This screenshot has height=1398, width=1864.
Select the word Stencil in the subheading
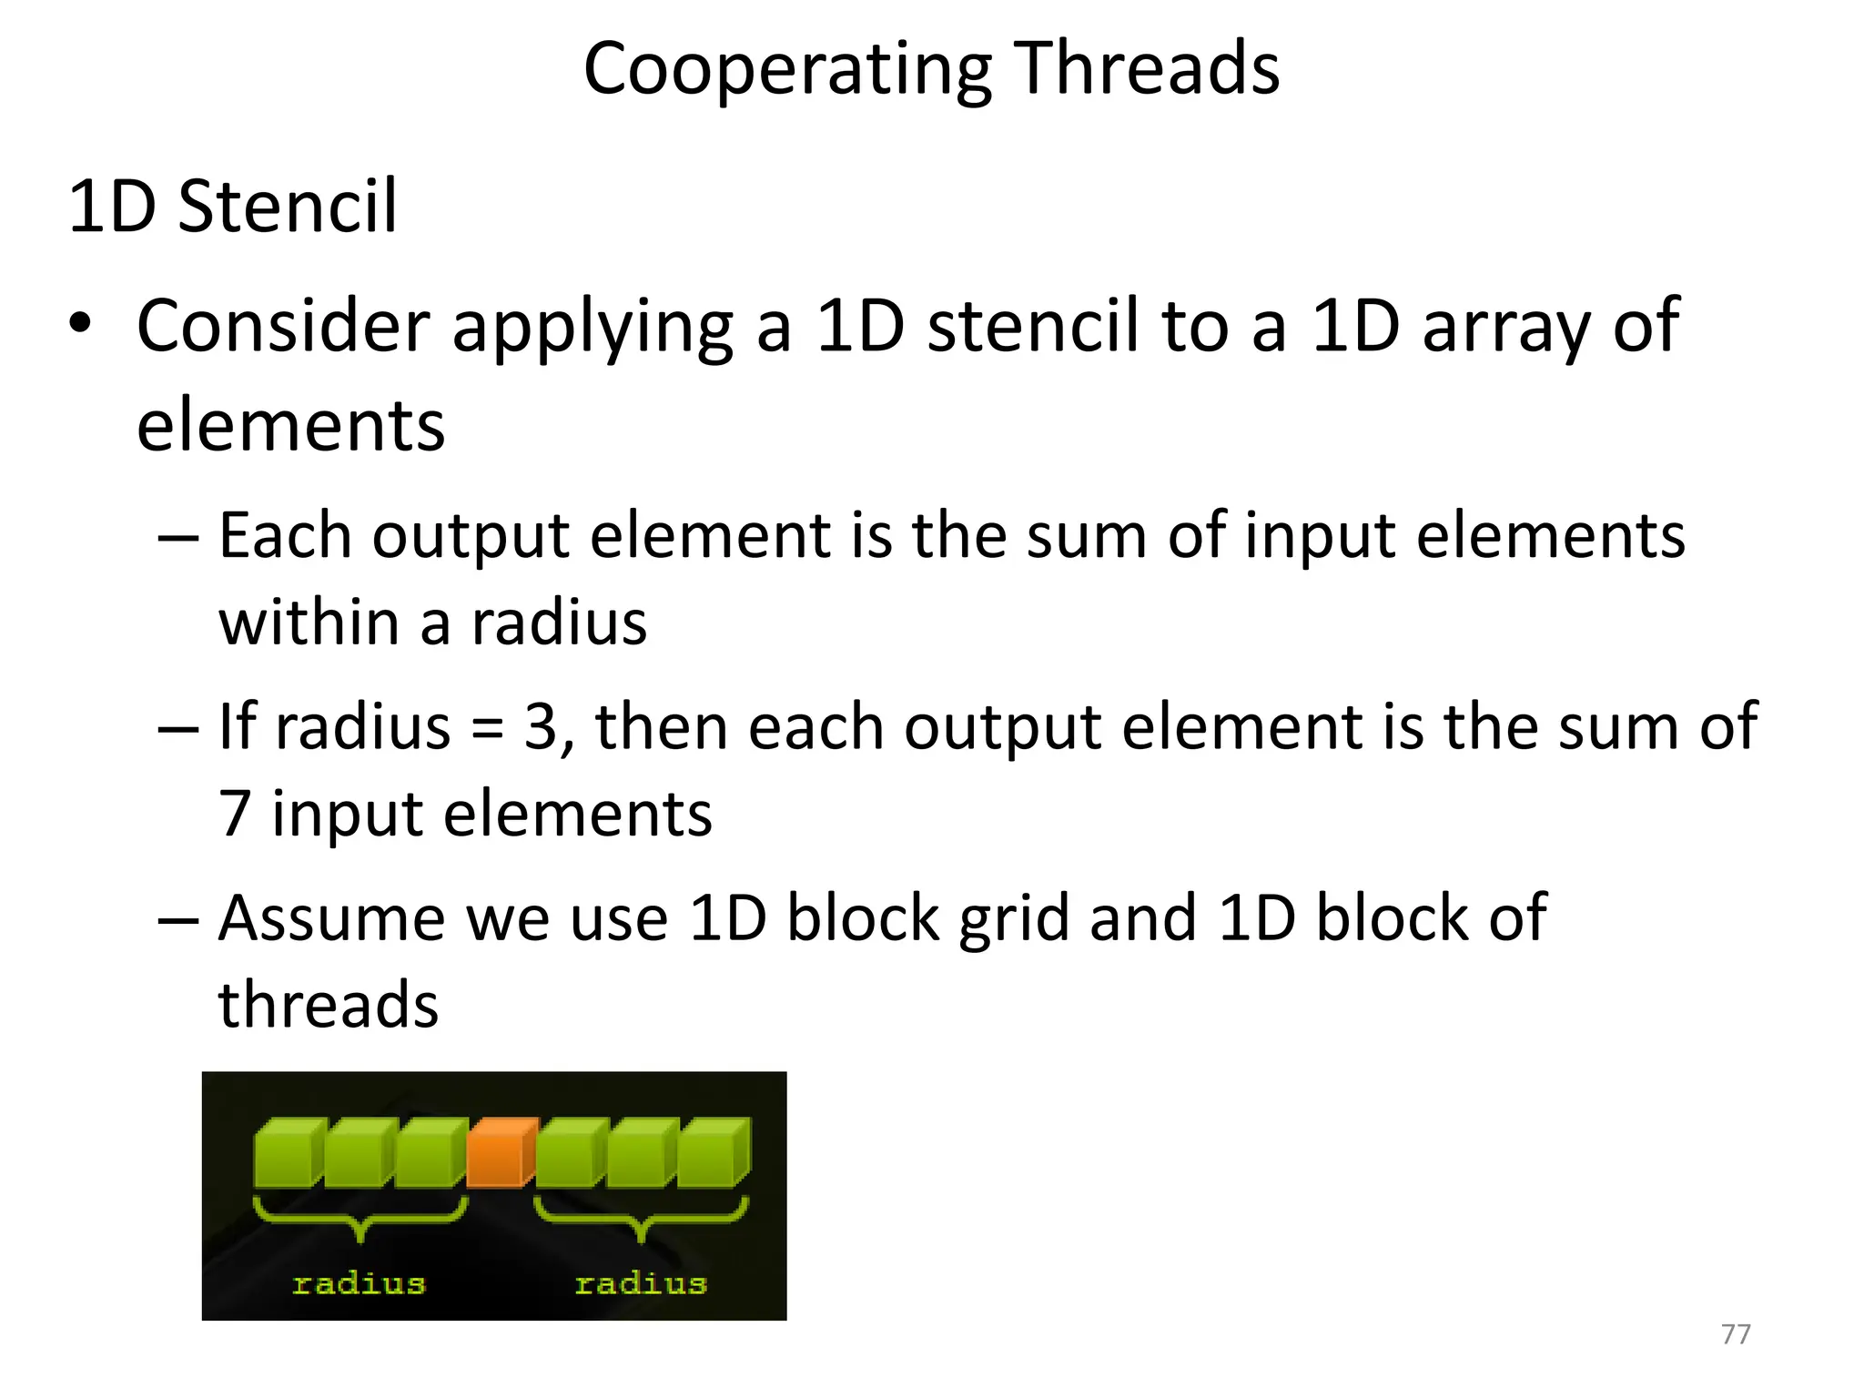tap(288, 207)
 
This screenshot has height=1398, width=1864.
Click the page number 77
tap(1736, 1334)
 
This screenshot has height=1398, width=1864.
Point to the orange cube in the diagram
tap(500, 1153)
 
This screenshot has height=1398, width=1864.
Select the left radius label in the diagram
tap(359, 1284)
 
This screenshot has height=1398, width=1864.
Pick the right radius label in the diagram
tap(641, 1284)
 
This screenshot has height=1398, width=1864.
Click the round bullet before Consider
tap(81, 324)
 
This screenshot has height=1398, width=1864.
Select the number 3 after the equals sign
tap(541, 727)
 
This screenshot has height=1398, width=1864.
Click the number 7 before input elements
tap(235, 814)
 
